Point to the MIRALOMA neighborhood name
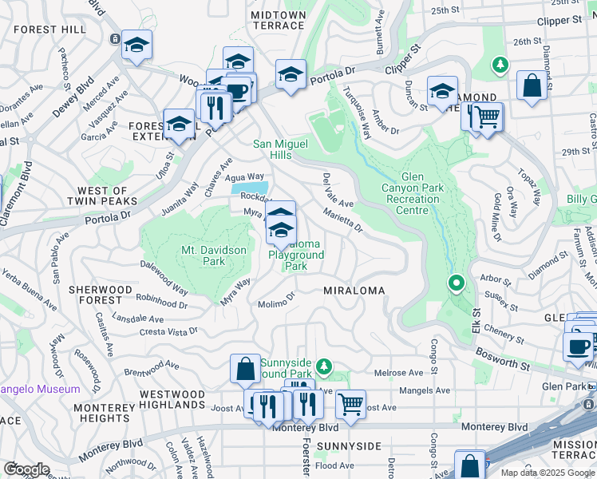coord(353,291)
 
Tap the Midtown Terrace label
coord(277,20)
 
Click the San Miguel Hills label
coord(283,149)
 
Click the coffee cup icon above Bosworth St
coord(578,346)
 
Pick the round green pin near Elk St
coord(456,283)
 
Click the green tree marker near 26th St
coord(500,64)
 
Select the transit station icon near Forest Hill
coord(116,38)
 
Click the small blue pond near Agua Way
coord(248,188)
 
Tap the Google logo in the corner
coord(26,469)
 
